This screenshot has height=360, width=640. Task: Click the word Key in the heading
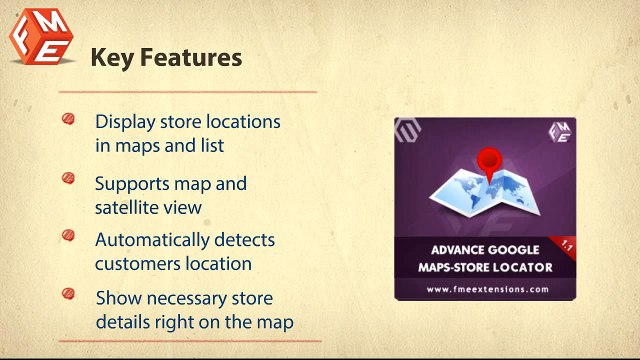pos(111,58)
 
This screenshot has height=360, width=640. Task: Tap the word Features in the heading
pos(190,58)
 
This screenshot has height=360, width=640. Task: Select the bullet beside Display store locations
pos(69,119)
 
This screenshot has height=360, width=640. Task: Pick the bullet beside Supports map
pos(69,180)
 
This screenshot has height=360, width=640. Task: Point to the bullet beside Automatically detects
pos(69,237)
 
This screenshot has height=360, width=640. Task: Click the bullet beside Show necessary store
pos(69,294)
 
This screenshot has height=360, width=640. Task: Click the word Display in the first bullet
pos(124,122)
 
